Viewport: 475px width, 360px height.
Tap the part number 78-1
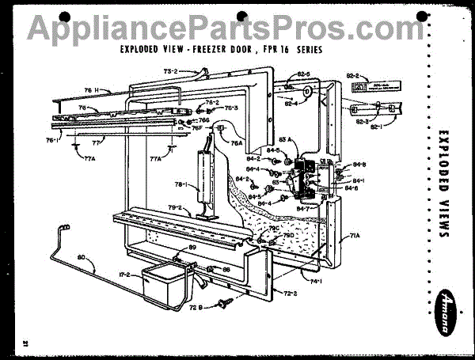pos(180,185)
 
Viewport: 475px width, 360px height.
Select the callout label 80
pos(81,256)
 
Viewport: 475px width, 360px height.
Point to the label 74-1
pos(316,281)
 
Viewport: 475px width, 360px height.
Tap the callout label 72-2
pos(288,293)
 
